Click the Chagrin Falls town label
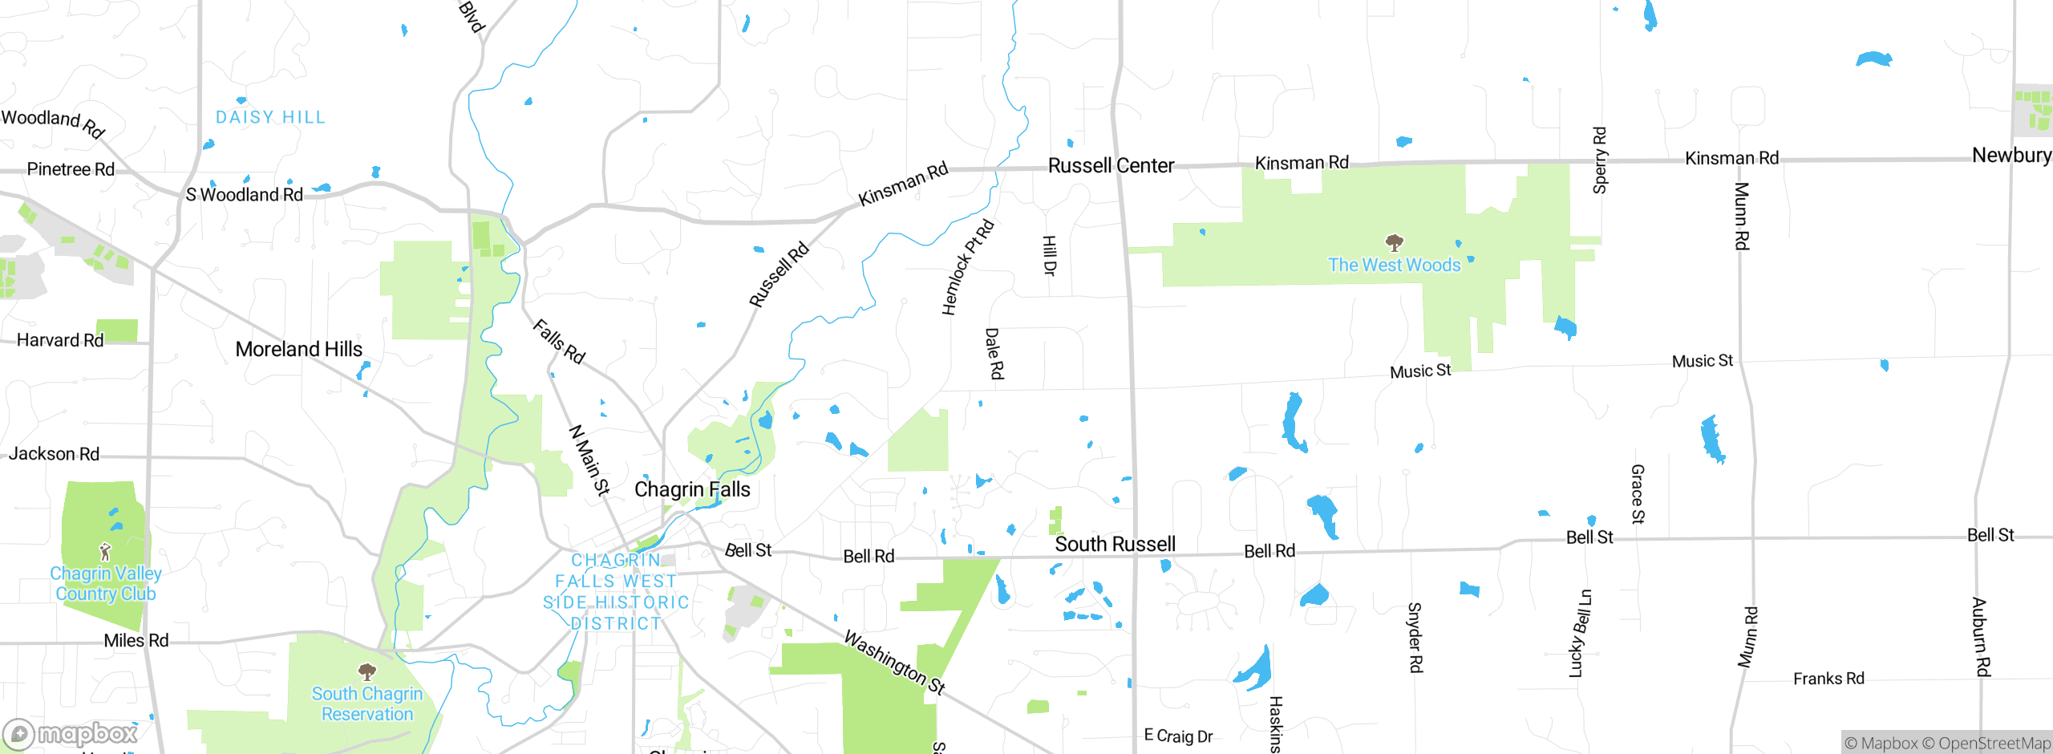pyautogui.click(x=692, y=489)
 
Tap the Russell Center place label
pyautogui.click(x=1111, y=166)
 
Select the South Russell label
pyautogui.click(x=1115, y=545)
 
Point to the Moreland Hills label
pyautogui.click(x=298, y=349)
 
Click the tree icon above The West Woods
pyautogui.click(x=1395, y=242)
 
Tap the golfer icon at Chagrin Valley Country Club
pyautogui.click(x=105, y=552)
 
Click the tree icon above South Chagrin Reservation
pyautogui.click(x=367, y=671)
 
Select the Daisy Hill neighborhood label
pyautogui.click(x=270, y=118)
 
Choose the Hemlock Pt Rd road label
pyautogui.click(x=967, y=267)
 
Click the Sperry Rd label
pyautogui.click(x=1599, y=160)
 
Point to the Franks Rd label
pyautogui.click(x=1828, y=679)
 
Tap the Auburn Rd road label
pyautogui.click(x=1981, y=637)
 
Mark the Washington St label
pyautogui.click(x=895, y=663)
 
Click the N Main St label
pyautogui.click(x=589, y=460)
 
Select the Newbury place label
pyautogui.click(x=2011, y=155)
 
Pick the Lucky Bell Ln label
pyautogui.click(x=1580, y=634)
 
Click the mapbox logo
pyautogui.click(x=71, y=734)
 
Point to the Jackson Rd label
pyautogui.click(x=54, y=454)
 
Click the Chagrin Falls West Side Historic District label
pyautogui.click(x=616, y=592)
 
